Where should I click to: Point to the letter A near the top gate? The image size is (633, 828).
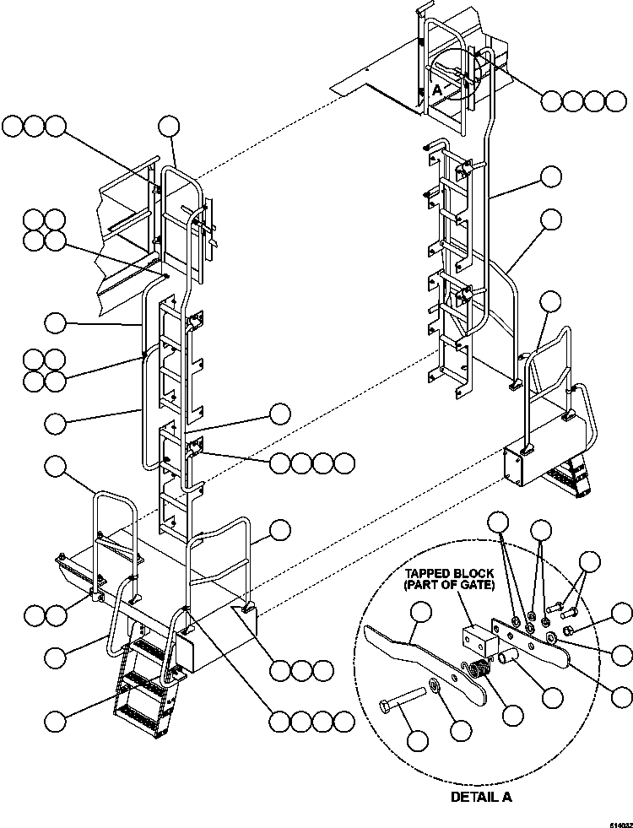coord(436,89)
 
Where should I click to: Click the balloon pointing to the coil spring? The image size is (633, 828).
coord(511,714)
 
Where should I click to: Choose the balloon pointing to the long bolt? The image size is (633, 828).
coord(417,740)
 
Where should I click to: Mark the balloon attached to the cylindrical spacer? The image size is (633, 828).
coord(552,697)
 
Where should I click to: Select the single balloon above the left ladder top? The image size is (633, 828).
coord(169,127)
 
